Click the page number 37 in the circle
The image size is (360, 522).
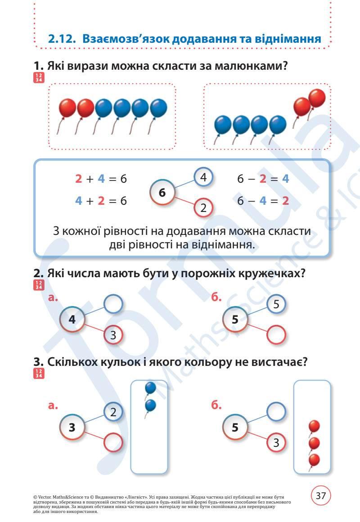point(321,496)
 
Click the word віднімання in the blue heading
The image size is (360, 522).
point(284,39)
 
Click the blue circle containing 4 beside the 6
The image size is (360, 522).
point(203,178)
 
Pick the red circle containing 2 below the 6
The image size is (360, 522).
point(203,207)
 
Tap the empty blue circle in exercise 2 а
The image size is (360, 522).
point(113,305)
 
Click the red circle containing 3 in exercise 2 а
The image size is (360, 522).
point(113,335)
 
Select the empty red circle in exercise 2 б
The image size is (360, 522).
point(276,335)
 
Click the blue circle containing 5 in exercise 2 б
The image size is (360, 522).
point(276,305)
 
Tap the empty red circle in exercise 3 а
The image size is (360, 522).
point(113,442)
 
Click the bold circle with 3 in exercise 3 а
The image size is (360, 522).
point(72,427)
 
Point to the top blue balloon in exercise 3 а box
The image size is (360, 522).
point(150,387)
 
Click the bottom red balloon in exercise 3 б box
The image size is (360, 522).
point(314,460)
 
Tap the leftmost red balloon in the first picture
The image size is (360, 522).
point(67,108)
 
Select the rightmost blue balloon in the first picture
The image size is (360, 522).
point(158,108)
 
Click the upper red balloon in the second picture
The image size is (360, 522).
point(317,97)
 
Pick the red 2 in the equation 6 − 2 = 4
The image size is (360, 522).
point(263,179)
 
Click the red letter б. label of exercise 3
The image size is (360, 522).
point(217,405)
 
